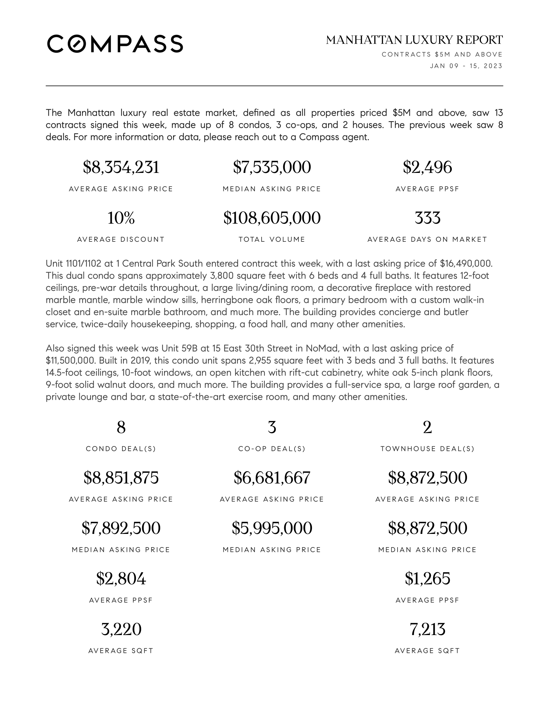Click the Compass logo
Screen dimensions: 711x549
[x=115, y=44]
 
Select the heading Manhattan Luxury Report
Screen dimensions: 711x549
[x=414, y=40]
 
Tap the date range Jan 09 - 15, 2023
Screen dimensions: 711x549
[x=466, y=66]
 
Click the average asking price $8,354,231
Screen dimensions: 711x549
[x=121, y=167]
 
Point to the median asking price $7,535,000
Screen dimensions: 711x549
[x=272, y=167]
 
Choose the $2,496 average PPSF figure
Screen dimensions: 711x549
[x=427, y=167]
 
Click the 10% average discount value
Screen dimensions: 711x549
[x=121, y=218]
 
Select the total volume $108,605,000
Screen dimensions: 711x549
[x=272, y=218]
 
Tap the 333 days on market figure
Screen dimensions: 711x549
[x=427, y=218]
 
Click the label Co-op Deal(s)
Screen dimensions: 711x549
[x=272, y=449]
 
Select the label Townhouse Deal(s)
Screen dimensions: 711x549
[x=427, y=449]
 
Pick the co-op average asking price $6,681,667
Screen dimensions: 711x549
[x=272, y=478]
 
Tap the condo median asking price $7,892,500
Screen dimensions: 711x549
[x=121, y=528]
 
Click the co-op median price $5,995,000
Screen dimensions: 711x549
[x=272, y=528]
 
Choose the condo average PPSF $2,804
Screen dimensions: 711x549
[x=121, y=578]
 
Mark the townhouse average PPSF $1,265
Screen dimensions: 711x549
[x=427, y=578]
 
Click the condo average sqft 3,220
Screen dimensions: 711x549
[x=121, y=629]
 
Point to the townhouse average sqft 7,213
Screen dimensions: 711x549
[x=427, y=629]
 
